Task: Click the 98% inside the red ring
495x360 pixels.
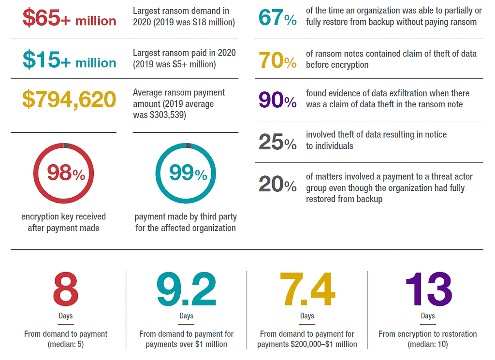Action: pyautogui.click(x=66, y=173)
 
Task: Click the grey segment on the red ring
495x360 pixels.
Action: pyautogui.click(x=66, y=145)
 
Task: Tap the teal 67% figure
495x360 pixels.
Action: pyautogui.click(x=277, y=18)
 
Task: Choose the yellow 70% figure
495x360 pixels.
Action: pyautogui.click(x=277, y=60)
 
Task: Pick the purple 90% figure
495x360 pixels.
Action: pyautogui.click(x=277, y=100)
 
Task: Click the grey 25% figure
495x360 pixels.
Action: pyautogui.click(x=277, y=142)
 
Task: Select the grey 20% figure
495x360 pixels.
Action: pyautogui.click(x=277, y=184)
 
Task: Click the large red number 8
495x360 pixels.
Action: pyautogui.click(x=66, y=289)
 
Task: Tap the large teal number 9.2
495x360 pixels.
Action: pyautogui.click(x=186, y=289)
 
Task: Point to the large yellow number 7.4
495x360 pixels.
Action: pyautogui.click(x=307, y=289)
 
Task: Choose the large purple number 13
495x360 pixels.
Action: pyautogui.click(x=428, y=289)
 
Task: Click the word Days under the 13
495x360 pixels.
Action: pyautogui.click(x=428, y=316)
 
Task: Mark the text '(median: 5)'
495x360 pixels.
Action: pyautogui.click(x=66, y=344)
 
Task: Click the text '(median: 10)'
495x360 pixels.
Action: pyautogui.click(x=428, y=344)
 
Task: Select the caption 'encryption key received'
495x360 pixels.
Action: pyautogui.click(x=63, y=216)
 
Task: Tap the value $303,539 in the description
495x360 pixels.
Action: pyautogui.click(x=160, y=115)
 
